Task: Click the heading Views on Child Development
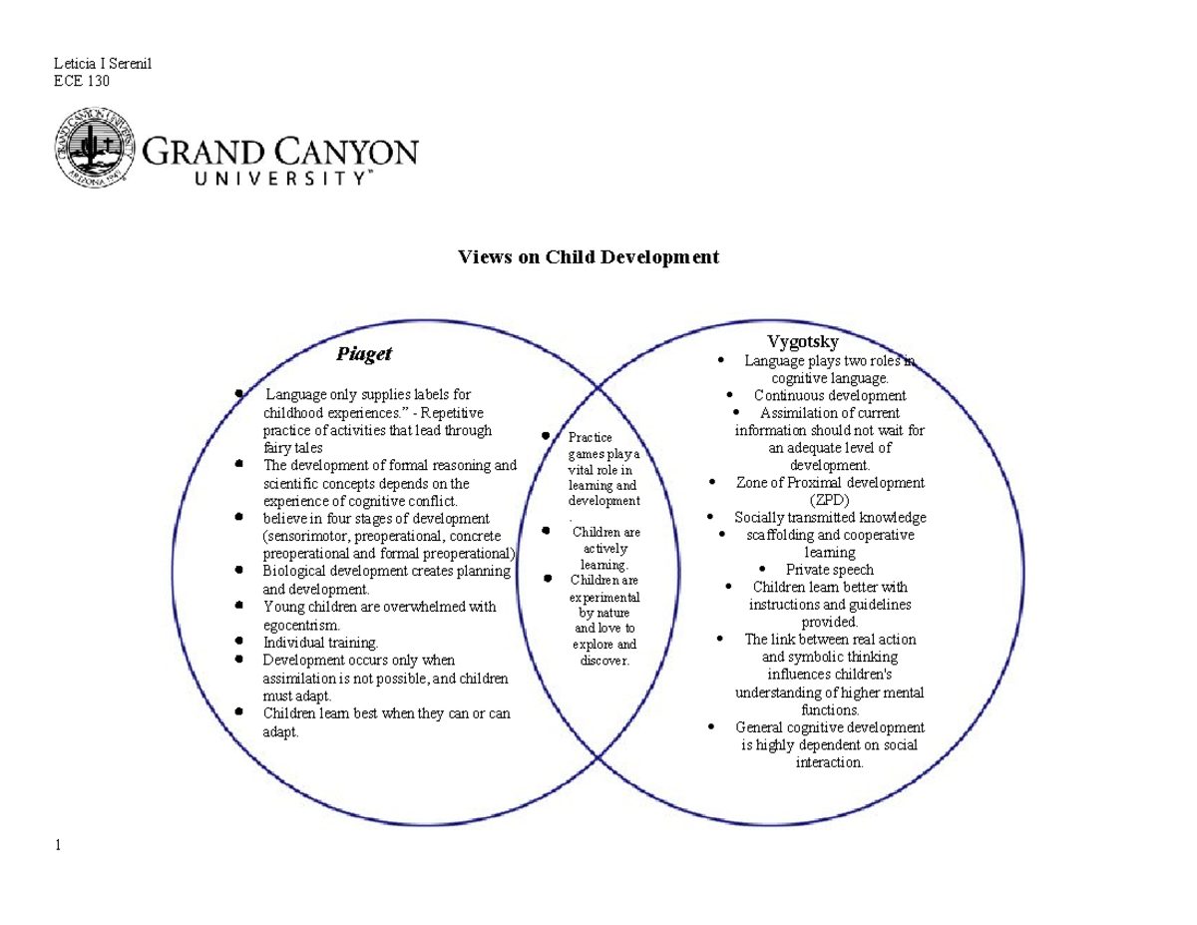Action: pyautogui.click(x=588, y=257)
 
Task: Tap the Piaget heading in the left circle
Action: pyautogui.click(x=363, y=353)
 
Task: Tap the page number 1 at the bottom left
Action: pyautogui.click(x=59, y=846)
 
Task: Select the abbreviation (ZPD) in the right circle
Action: pyautogui.click(x=830, y=500)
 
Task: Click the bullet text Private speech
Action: pyautogui.click(x=830, y=570)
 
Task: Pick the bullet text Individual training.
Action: pyautogui.click(x=320, y=643)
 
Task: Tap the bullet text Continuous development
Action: pyautogui.click(x=830, y=395)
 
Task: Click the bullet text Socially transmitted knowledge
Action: pyautogui.click(x=830, y=517)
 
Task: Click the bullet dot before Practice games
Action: pyautogui.click(x=546, y=435)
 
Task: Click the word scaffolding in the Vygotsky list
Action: pyautogui.click(x=782, y=535)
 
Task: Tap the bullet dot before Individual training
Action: pyautogui.click(x=239, y=642)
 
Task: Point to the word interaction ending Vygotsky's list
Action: pyautogui.click(x=830, y=762)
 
